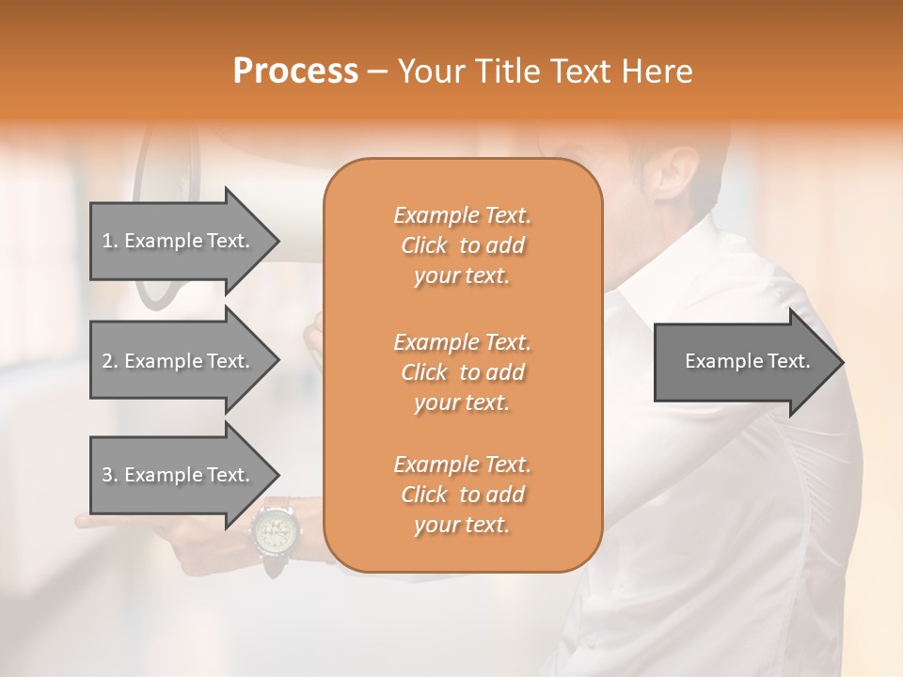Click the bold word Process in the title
click(295, 71)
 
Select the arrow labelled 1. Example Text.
click(179, 241)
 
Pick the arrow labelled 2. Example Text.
click(179, 361)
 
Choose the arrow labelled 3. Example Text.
click(179, 475)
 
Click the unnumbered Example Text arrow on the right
click(743, 361)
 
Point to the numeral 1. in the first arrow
click(110, 242)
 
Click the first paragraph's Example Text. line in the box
click(462, 215)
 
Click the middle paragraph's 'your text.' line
click(462, 402)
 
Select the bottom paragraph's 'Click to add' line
click(462, 495)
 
